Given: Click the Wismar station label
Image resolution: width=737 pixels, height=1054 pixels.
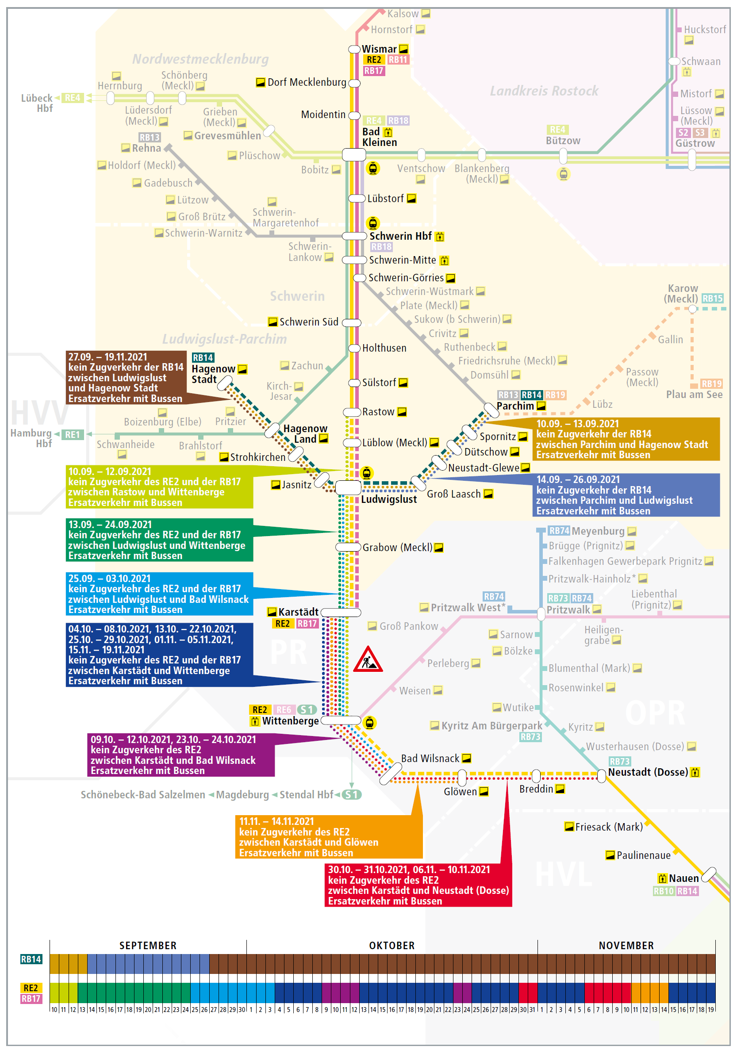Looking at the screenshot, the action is (x=379, y=49).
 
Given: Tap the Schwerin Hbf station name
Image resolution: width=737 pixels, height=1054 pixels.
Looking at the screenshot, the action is (x=400, y=236).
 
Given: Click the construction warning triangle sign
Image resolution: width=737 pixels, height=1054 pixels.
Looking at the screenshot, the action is (x=368, y=659).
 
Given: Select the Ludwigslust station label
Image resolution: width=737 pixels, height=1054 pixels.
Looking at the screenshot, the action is (x=388, y=499).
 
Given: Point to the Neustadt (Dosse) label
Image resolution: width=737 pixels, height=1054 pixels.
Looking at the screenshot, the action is (x=648, y=772).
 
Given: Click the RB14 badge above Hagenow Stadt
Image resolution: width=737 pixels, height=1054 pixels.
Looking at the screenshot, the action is (x=203, y=358).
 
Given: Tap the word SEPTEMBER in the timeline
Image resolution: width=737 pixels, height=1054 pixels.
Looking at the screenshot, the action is (x=148, y=946).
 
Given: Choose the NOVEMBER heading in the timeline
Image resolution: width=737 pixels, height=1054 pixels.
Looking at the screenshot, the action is (x=626, y=946).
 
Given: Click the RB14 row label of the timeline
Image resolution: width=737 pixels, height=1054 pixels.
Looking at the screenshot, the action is (x=31, y=959).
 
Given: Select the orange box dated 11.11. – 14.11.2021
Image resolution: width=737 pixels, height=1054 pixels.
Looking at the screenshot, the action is (x=329, y=836).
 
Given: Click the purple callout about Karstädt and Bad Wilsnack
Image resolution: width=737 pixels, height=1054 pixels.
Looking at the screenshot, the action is (x=181, y=755).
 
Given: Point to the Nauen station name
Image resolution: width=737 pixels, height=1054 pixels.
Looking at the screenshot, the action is (x=683, y=878).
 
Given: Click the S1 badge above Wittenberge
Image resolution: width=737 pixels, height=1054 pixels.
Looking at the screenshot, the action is (x=307, y=710).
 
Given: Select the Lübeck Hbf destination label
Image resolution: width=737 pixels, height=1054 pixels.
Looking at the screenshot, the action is (x=37, y=103).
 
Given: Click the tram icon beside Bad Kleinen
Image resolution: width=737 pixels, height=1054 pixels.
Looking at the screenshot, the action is (x=373, y=169).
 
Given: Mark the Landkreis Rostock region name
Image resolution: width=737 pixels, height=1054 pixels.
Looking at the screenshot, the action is (x=544, y=91).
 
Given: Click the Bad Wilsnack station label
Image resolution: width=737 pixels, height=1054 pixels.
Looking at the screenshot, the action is (x=430, y=759).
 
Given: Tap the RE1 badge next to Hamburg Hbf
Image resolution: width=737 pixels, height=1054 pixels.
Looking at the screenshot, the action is (x=73, y=435).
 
